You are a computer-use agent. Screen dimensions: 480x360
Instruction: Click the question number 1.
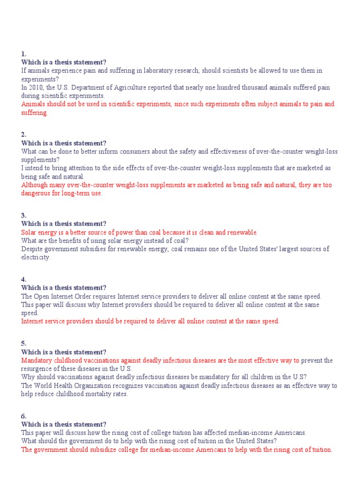pyautogui.click(x=23, y=54)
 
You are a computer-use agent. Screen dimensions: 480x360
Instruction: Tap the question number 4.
pyautogui.click(x=23, y=279)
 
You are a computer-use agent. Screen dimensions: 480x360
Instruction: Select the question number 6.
pyautogui.click(x=23, y=416)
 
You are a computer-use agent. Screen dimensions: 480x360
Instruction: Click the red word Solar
pyautogui.click(x=29, y=232)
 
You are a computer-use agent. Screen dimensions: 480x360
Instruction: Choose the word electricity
pyautogui.click(x=35, y=257)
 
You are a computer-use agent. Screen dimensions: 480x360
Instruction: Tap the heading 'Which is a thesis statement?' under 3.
pyautogui.click(x=64, y=224)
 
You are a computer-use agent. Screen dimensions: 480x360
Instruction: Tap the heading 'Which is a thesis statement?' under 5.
pyautogui.click(x=64, y=352)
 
